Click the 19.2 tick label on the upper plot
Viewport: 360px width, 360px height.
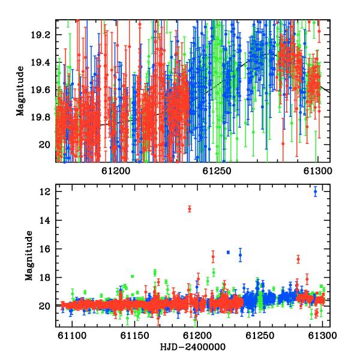[40, 35]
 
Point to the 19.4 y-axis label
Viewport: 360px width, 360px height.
[40, 62]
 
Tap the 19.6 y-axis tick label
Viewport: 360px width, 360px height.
[40, 90]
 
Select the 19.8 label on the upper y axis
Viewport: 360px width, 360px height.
[40, 118]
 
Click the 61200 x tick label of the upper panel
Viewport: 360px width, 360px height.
[116, 171]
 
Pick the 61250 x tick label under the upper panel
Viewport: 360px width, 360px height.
[217, 171]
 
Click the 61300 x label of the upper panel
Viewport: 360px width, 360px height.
[318, 171]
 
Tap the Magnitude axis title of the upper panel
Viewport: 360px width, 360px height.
[20, 91]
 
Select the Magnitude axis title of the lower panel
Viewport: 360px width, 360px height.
[29, 256]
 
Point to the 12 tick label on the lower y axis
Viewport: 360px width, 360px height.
[44, 192]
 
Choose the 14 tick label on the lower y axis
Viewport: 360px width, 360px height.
[44, 220]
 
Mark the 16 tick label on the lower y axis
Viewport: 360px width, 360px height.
[44, 249]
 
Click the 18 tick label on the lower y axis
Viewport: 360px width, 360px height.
[44, 278]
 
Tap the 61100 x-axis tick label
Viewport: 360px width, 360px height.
[72, 336]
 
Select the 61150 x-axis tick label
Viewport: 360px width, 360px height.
[135, 336]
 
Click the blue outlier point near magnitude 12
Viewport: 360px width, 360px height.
[315, 191]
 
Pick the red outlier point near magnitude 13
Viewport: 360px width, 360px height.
[190, 209]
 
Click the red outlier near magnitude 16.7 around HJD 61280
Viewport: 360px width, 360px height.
[298, 259]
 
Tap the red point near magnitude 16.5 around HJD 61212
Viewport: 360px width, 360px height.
[213, 257]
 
